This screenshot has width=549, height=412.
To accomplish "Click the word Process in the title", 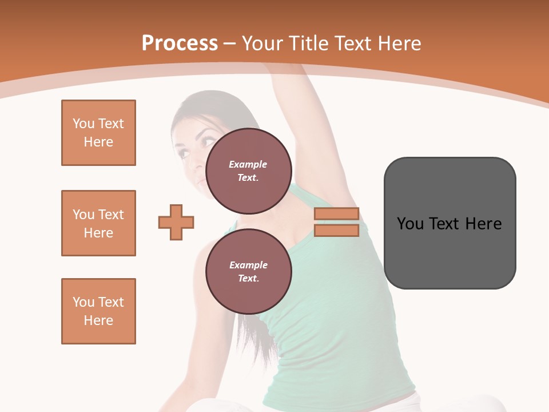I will coord(180,43).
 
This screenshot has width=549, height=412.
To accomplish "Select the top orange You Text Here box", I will coord(98,133).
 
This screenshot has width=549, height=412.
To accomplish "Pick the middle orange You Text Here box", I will coord(98,223).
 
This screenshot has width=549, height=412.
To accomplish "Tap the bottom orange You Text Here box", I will coord(98,311).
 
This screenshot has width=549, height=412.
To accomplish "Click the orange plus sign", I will coord(176,222).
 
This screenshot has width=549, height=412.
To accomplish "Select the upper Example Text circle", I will coord(248,171).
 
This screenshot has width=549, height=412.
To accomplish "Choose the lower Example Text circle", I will coord(248,271).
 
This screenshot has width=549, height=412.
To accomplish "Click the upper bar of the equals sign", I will coord(336,214).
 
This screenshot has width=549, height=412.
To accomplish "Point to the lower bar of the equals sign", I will coord(336,231).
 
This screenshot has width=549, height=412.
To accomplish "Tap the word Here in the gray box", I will coord(483,224).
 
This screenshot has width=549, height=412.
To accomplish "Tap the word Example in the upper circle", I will coord(248,164).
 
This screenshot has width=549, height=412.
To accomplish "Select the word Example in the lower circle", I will coord(248,265).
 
